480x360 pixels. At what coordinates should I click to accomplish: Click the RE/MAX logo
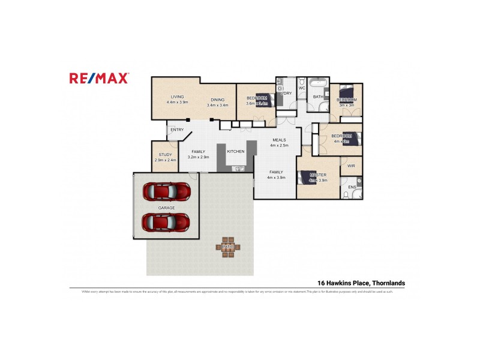coord(99,77)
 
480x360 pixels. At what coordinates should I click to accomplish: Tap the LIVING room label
coord(177,97)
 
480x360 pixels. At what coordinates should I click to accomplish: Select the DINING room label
coord(217,100)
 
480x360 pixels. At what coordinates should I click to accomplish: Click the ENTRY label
coord(177,130)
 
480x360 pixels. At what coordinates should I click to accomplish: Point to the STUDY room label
coord(165,155)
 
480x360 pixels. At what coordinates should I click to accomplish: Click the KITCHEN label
coord(235,152)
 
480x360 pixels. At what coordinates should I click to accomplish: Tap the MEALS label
coord(279,140)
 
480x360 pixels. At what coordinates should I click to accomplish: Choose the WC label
coord(302,88)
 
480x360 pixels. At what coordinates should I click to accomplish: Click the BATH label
coord(317,97)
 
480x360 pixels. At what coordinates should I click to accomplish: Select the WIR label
coord(351,166)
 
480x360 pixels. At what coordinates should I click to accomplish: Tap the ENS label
coord(352,187)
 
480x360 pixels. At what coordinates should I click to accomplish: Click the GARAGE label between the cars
coord(166,208)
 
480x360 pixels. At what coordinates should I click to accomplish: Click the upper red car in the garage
coord(166,191)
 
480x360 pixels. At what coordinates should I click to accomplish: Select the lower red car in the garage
coord(166,222)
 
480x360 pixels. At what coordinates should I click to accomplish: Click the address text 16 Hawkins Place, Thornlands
coord(361,283)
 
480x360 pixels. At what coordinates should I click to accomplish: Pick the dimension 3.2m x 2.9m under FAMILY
coord(198,157)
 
